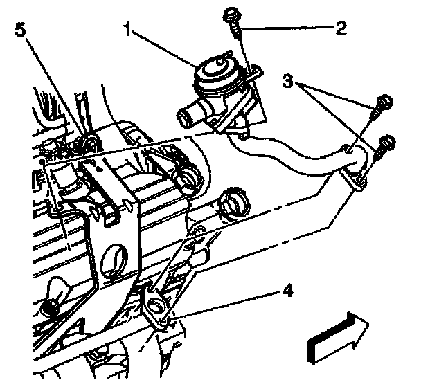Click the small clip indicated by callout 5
[89, 144]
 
